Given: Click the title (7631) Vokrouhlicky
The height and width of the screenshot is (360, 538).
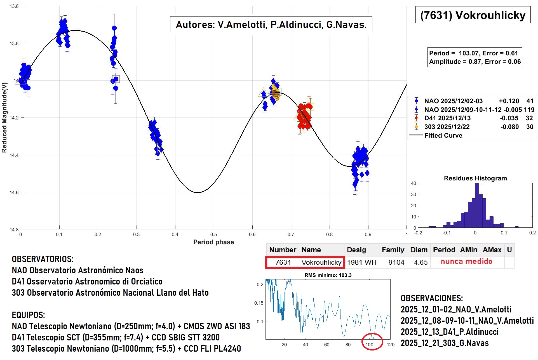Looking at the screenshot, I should (473, 15).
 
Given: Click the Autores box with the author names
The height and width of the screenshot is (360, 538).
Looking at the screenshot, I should (271, 25).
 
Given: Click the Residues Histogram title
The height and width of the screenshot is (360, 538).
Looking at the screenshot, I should (475, 178).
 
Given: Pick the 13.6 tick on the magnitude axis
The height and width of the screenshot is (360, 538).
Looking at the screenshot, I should (14, 6).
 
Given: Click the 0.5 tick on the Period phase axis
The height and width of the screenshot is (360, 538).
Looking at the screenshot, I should (213, 234).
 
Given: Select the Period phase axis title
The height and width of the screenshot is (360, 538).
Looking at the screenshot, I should (213, 242).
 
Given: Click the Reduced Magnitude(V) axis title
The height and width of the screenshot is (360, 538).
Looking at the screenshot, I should (4, 117).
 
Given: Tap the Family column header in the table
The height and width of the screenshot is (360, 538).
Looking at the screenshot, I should (393, 250).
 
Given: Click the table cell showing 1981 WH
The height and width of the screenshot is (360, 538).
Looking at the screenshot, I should (361, 262).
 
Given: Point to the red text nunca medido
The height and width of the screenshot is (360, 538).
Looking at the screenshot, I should (466, 262).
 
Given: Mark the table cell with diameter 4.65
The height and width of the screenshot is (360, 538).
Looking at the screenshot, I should (420, 262).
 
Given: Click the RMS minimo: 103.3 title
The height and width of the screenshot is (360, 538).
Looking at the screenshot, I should (328, 275).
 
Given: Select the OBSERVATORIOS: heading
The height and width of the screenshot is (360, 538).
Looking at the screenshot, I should (43, 259).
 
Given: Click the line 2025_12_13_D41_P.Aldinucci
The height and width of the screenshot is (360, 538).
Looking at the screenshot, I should (449, 332).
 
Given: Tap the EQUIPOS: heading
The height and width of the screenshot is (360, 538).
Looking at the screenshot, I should (28, 315).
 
